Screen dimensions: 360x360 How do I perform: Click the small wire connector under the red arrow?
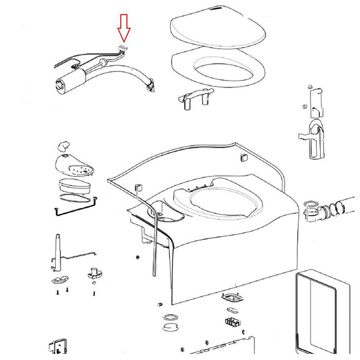click(x=122, y=48)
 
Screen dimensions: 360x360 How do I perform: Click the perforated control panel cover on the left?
click(x=74, y=165)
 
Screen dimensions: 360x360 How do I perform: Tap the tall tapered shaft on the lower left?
click(x=57, y=252)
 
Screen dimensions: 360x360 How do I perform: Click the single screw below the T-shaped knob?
click(x=94, y=294)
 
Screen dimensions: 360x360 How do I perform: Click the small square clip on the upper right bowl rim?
click(x=244, y=157)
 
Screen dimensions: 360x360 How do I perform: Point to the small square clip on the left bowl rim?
click(x=138, y=187)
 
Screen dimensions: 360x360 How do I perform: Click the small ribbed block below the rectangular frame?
click(x=232, y=322)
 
